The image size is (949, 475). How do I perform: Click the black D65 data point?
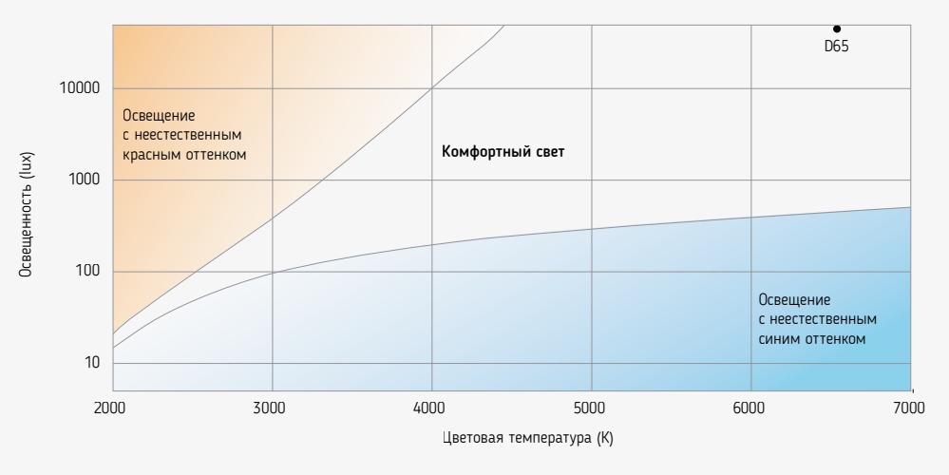pyautogui.click(x=837, y=28)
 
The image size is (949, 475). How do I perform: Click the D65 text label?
pyautogui.click(x=837, y=44)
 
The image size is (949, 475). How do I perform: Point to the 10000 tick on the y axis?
pyautogui.click(x=81, y=88)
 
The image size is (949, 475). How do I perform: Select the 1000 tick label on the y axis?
pyautogui.click(x=85, y=180)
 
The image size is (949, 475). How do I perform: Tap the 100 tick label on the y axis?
pyautogui.click(x=88, y=272)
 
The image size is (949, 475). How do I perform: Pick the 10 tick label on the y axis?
pyautogui.click(x=92, y=364)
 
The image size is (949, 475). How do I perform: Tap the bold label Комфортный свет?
pyautogui.click(x=503, y=152)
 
